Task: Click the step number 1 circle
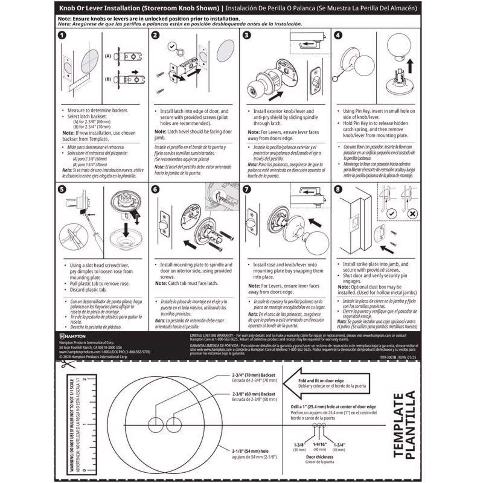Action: pos(62,35)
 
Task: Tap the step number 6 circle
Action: pos(155,189)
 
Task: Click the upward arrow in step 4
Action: pos(410,67)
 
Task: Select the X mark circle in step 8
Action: pos(412,213)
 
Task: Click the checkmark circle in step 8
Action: pos(391,213)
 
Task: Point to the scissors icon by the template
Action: pos(67,364)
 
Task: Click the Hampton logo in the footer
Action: pos(73,336)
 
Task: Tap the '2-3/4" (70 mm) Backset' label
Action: pos(254,375)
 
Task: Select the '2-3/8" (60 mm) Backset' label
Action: pos(254,394)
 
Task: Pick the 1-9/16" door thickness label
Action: pos(319,444)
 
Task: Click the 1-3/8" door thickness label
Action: pos(299,445)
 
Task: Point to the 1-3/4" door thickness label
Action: pos(339,445)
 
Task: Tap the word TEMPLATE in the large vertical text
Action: pos(399,425)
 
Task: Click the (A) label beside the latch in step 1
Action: pos(108,56)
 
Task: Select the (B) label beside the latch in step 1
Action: pos(108,79)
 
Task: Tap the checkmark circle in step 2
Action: pos(172,47)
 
